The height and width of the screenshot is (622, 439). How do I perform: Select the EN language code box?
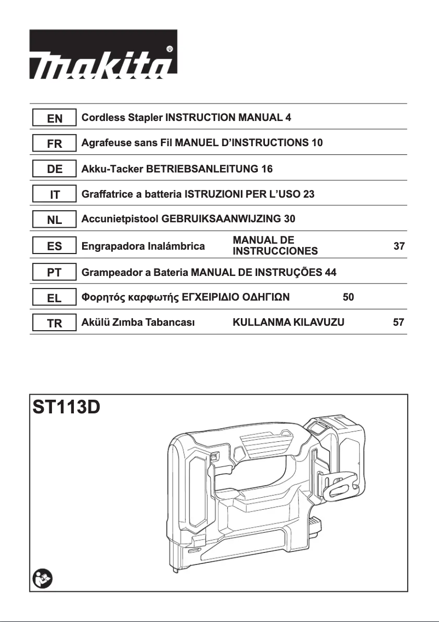54,118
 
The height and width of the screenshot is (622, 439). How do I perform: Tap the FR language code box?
54,143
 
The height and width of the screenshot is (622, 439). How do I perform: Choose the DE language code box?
54,169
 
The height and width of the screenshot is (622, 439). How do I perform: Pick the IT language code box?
54,194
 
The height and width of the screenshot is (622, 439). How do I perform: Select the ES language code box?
54,246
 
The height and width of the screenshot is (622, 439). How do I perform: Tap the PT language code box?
54,272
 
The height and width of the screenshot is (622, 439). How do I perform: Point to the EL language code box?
54,298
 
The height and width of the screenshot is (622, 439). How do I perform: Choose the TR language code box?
54,323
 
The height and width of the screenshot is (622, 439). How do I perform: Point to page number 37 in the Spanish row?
399,246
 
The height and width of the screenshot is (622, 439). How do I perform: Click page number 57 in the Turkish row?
399,322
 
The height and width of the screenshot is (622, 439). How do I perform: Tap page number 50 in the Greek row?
348,297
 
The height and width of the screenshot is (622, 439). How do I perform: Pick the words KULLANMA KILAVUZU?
288,322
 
